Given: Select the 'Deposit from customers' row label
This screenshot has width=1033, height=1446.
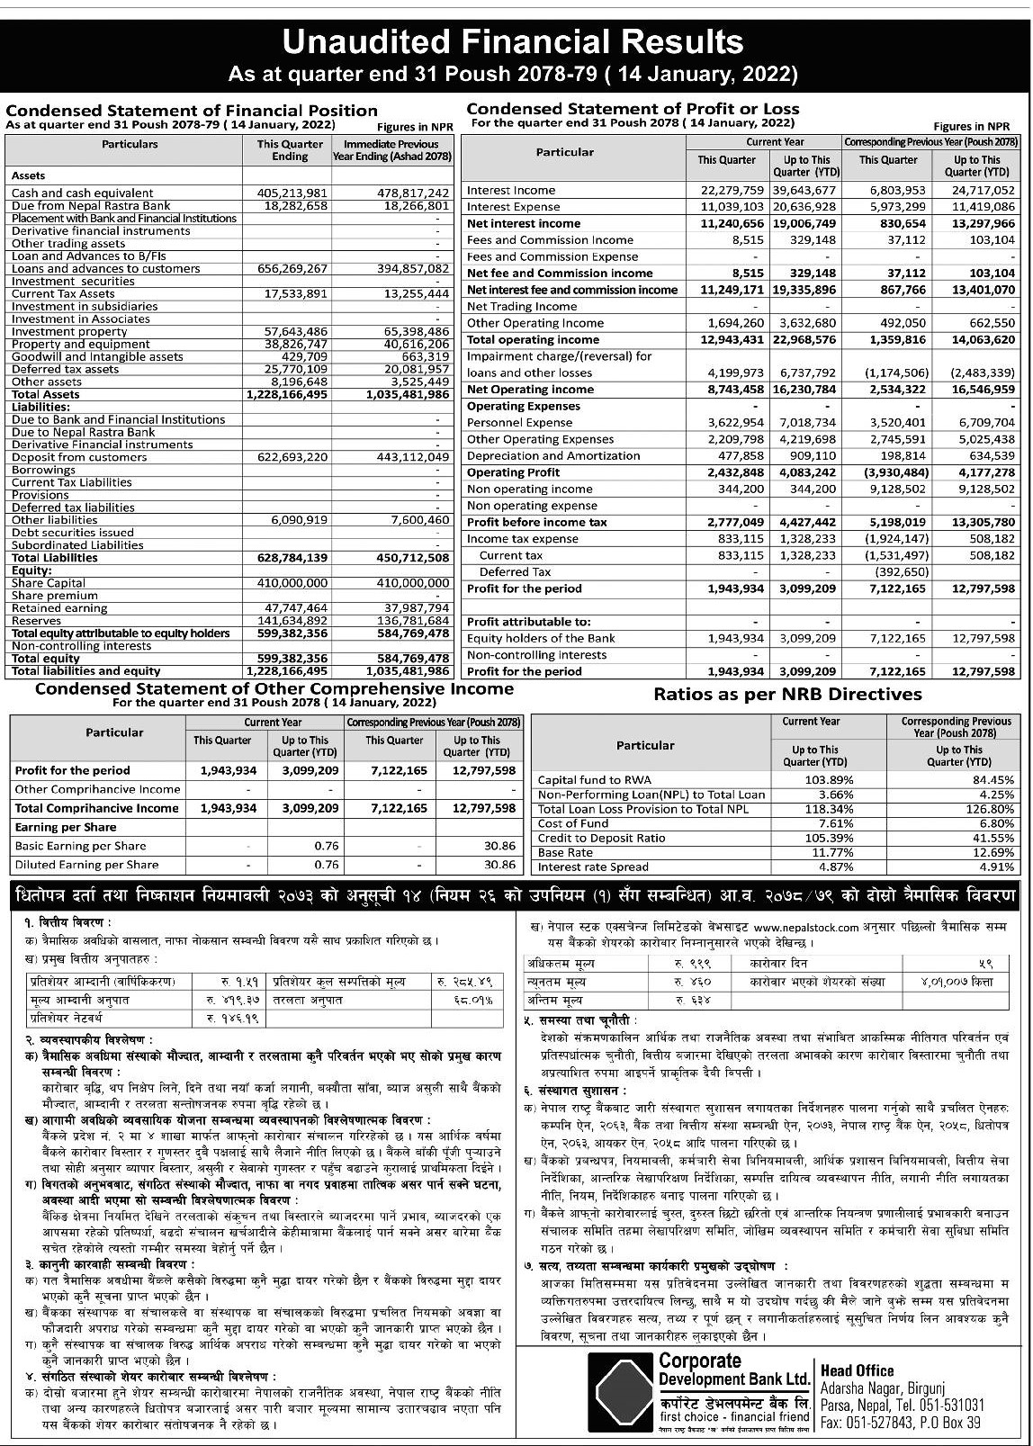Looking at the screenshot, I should click(x=79, y=457).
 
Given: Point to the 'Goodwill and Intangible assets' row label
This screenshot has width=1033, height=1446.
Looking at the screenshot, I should click(x=97, y=357).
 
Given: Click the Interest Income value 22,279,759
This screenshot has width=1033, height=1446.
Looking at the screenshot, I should click(x=732, y=190).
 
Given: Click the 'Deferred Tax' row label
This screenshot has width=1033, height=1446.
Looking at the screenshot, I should click(x=515, y=572).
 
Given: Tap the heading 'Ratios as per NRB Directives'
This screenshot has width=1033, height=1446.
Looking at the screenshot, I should click(x=787, y=694).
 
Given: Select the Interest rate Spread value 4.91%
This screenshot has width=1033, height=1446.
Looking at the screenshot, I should click(x=994, y=867).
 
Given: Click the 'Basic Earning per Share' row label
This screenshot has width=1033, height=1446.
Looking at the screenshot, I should click(x=80, y=846).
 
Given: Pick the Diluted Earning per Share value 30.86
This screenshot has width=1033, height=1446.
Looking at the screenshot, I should click(x=499, y=865).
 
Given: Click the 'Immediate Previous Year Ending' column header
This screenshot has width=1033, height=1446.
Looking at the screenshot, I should click(x=391, y=150).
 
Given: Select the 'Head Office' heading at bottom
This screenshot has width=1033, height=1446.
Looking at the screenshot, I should click(x=857, y=1370).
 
